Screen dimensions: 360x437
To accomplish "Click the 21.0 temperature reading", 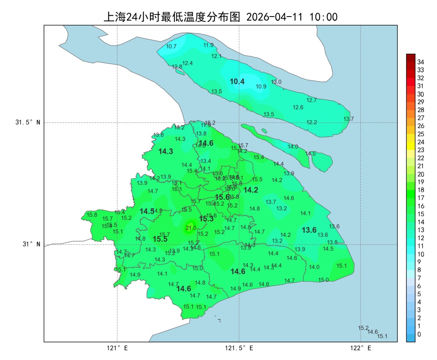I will [x=191, y=228].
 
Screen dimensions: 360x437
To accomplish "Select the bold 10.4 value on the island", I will [x=237, y=81].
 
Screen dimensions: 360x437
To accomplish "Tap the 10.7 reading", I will [x=172, y=46].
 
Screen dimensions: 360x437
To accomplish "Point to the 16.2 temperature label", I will [x=210, y=123].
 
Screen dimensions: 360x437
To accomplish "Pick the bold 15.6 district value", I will [x=222, y=197].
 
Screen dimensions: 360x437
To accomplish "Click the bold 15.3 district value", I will [x=206, y=219].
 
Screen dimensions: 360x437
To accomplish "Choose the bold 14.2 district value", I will [x=250, y=190].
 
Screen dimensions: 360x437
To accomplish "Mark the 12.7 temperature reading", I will [x=312, y=100].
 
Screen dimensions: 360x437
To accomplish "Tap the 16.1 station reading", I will [x=177, y=189].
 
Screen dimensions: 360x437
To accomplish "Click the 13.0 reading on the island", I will [x=276, y=82].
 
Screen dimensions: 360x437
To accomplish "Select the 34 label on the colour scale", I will [x=420, y=62].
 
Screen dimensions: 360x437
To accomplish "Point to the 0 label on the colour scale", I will [x=419, y=334].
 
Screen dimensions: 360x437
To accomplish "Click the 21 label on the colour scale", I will [x=420, y=166].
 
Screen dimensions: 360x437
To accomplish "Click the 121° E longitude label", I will [x=117, y=348].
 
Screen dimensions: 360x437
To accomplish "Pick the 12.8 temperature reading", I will [x=177, y=67].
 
